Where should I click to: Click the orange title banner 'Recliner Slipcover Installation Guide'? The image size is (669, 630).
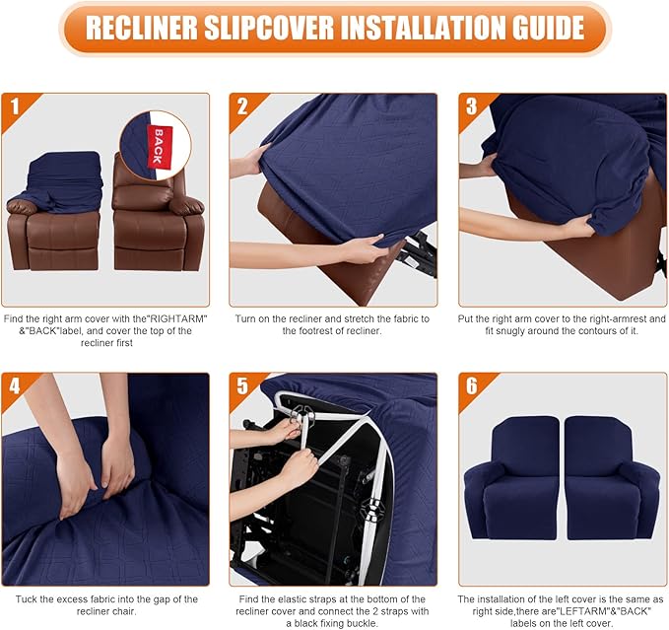point(334,28)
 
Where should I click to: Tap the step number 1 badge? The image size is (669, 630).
point(15,105)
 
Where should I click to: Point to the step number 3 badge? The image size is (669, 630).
point(471,105)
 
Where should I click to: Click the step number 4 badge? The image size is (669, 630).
point(15,385)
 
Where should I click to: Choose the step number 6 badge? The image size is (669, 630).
point(471,385)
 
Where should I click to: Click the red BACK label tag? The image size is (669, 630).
point(155,144)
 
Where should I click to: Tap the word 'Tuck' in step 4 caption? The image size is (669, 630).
point(21,598)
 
